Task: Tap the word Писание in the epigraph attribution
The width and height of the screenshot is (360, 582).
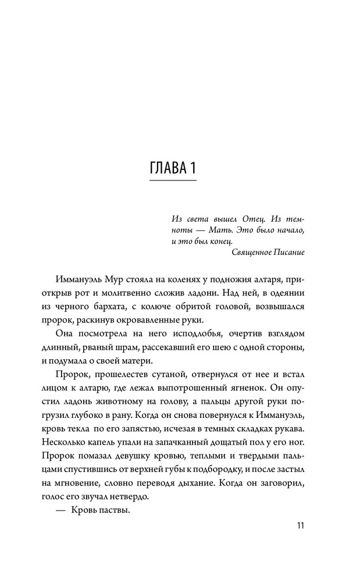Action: click(288, 252)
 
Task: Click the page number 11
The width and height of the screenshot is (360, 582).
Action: click(300, 526)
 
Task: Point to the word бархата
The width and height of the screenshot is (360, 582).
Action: click(133, 307)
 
